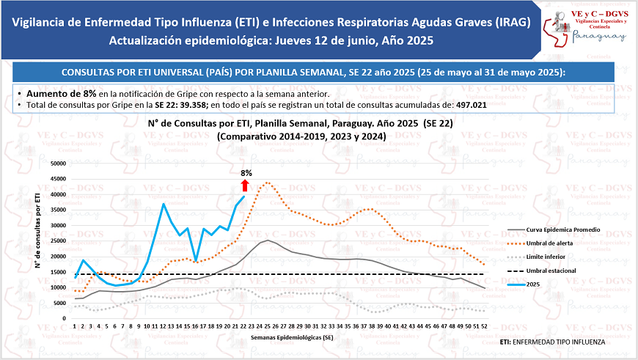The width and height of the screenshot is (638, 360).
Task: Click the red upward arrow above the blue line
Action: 245,185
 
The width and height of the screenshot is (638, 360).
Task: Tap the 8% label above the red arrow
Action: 246,174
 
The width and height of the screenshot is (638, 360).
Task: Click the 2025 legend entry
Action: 536,284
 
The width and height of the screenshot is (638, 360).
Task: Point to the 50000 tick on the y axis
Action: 56,164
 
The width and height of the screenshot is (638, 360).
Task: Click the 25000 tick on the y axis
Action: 56,241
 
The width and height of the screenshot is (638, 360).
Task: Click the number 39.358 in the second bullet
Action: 194,106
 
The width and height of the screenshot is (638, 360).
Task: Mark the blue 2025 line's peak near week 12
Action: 163,204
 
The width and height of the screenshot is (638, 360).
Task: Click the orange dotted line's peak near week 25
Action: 267,183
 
